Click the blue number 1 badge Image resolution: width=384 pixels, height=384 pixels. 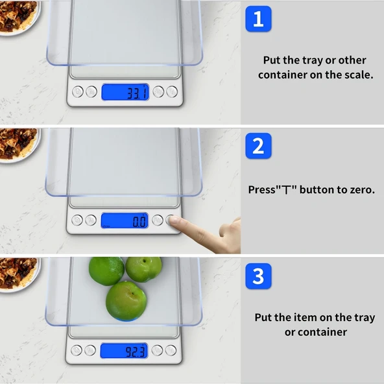[x=258, y=19]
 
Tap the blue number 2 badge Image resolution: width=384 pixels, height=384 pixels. [x=258, y=146]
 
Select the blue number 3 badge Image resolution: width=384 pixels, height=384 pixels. [x=258, y=276]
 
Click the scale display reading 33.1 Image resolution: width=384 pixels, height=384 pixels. [x=125, y=92]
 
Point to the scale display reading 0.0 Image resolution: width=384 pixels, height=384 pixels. [x=125, y=221]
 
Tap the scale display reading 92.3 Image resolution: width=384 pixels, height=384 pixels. [x=124, y=351]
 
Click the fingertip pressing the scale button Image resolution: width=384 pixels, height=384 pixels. [x=174, y=221]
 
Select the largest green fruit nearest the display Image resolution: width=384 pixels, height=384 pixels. [x=126, y=301]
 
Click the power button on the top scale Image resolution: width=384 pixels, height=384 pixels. [x=78, y=92]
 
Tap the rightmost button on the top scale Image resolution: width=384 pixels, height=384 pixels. [x=172, y=92]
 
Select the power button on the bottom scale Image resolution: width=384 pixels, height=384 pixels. [x=77, y=350]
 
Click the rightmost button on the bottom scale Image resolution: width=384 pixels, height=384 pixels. [x=171, y=350]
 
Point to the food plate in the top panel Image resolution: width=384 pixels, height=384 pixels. [x=19, y=17]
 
